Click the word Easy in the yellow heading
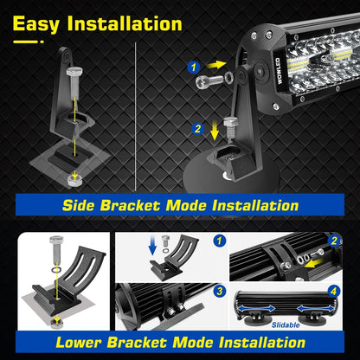[x=36, y=24]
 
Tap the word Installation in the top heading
[x=125, y=23]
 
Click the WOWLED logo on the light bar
[x=278, y=71]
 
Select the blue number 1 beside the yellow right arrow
[x=194, y=67]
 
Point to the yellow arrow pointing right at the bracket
[x=216, y=65]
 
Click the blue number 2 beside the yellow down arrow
[x=198, y=129]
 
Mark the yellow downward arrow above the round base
[x=215, y=131]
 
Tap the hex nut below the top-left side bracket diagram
[x=75, y=180]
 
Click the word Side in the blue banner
[x=78, y=206]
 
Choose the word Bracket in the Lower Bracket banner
[x=138, y=343]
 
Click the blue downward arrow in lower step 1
[x=152, y=247]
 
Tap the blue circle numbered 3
[x=220, y=291]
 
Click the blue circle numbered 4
[x=333, y=291]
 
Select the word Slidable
[x=286, y=325]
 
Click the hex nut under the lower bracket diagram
[x=57, y=324]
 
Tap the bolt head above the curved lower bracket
[x=56, y=240]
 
